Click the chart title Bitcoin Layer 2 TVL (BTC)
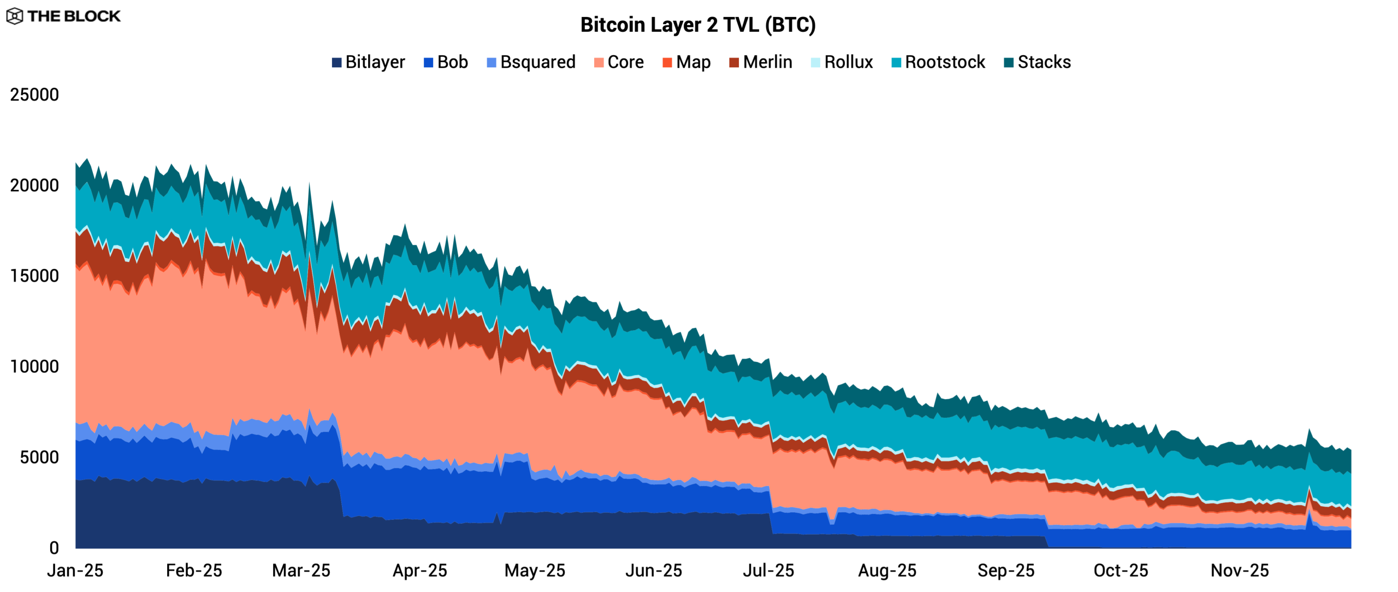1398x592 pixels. (x=698, y=25)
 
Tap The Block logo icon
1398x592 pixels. (x=15, y=16)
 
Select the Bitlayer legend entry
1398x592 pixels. (x=369, y=62)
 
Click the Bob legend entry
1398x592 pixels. (x=446, y=62)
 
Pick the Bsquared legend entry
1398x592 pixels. (x=531, y=62)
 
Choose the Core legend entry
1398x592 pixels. (x=619, y=62)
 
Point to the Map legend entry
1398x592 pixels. (x=686, y=62)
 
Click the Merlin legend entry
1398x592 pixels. (x=760, y=62)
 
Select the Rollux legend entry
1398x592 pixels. (x=842, y=62)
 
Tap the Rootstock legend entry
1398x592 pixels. (x=938, y=62)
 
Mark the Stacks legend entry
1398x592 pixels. (x=1037, y=62)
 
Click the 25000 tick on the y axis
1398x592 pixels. (x=34, y=95)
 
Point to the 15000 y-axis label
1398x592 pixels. (x=34, y=276)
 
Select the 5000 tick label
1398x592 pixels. (x=39, y=458)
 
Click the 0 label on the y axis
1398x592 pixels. (x=54, y=548)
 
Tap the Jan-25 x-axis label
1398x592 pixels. (x=75, y=571)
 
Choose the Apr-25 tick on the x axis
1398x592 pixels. (x=420, y=571)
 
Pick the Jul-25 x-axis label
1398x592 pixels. (x=768, y=571)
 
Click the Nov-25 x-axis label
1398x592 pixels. (x=1240, y=571)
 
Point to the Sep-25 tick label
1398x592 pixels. (x=1006, y=571)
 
